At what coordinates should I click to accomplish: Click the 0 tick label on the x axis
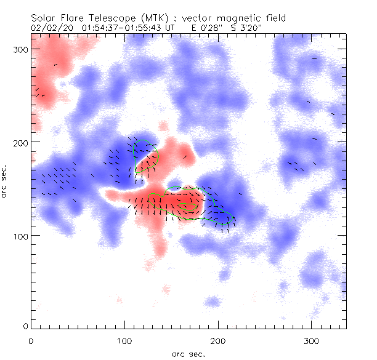click(x=31, y=340)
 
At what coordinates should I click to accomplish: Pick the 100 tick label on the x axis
click(x=124, y=340)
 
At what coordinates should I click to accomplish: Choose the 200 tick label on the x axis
click(x=217, y=340)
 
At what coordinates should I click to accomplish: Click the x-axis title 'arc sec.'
click(x=188, y=353)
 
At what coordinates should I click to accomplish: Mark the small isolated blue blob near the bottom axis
click(x=212, y=302)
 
